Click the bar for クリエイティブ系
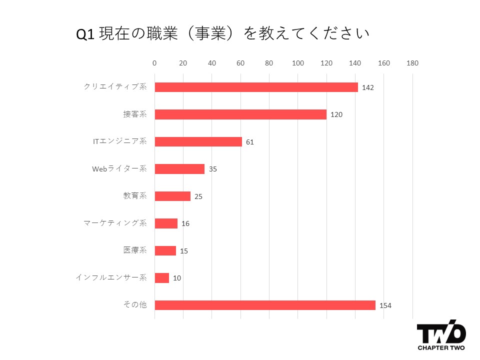click(256, 87)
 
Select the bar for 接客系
click(240, 114)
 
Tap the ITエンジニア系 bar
click(198, 141)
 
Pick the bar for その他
click(265, 305)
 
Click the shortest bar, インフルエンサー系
click(162, 278)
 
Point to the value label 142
click(368, 87)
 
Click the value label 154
click(385, 305)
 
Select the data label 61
click(250, 142)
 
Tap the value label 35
click(213, 169)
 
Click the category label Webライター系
click(119, 169)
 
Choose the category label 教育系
click(135, 196)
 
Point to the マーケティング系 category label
click(115, 223)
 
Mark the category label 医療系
click(135, 250)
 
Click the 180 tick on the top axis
click(412, 63)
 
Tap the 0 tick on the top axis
click(154, 63)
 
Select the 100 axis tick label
click(298, 63)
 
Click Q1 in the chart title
click(85, 34)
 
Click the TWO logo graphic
click(441, 332)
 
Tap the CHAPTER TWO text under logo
click(441, 347)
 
